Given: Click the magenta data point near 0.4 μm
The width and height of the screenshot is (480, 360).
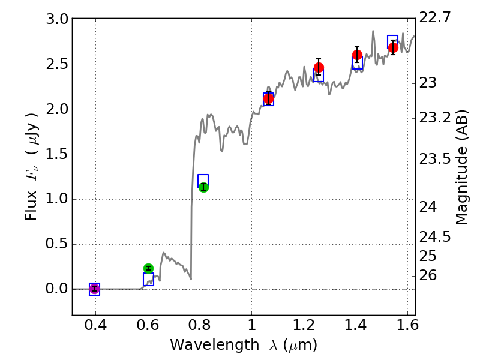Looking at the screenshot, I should tap(94, 289).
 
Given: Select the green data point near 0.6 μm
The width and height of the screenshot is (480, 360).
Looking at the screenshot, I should tap(148, 268).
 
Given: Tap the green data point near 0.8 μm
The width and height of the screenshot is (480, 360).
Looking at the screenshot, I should tap(203, 187).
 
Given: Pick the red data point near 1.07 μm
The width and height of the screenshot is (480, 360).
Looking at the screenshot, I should tap(268, 98).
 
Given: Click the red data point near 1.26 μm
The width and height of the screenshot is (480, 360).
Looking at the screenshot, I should tap(319, 67).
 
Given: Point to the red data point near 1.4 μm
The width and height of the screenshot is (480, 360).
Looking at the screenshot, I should tap(357, 55).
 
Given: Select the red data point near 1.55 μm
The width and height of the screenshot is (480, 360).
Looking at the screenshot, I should tap(393, 47).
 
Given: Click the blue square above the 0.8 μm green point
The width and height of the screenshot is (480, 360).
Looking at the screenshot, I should tap(203, 180).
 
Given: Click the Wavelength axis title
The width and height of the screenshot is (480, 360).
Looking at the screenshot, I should tap(244, 345).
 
